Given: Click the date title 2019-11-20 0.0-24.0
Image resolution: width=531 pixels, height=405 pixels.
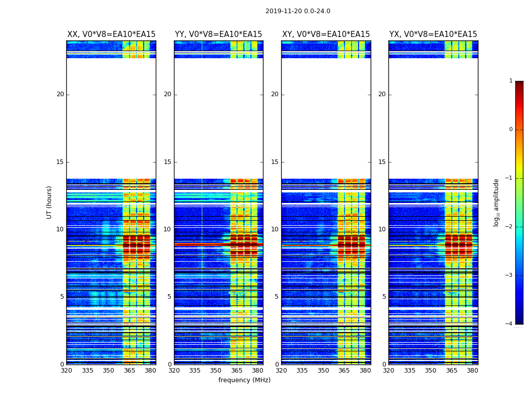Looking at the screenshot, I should point(297,11).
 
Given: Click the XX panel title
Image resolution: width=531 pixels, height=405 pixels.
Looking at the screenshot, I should point(111,34).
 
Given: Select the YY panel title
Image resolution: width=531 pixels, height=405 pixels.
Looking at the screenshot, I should point(218,34).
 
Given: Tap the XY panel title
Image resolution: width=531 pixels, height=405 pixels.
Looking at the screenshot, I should point(326,34).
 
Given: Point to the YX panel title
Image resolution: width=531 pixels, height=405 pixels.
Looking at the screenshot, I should point(433,34).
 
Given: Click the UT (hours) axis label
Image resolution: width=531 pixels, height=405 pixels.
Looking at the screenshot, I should point(49,202).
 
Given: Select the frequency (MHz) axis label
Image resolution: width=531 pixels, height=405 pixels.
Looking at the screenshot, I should point(244,380).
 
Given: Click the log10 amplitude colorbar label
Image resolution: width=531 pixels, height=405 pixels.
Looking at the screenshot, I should point(496,202).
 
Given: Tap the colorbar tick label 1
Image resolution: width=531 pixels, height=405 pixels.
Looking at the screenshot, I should point(510,81).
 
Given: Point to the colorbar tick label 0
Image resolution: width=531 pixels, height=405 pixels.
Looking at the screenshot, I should point(510,130).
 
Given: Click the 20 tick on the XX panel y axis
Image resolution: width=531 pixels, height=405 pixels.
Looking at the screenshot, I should point(60,94).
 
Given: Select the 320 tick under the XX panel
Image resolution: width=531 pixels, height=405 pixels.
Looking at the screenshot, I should point(66,370).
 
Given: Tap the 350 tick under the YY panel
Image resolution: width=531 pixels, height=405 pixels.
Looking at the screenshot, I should point(215,370).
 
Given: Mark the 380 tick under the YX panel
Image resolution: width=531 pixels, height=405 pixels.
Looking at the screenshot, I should point(472,370).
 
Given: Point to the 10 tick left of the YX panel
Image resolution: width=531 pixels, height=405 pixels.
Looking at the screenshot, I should point(382,229).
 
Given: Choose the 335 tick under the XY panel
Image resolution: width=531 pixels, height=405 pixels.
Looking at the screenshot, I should point(302,370).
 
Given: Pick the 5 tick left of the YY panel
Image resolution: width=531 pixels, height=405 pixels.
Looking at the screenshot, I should point(169,297).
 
